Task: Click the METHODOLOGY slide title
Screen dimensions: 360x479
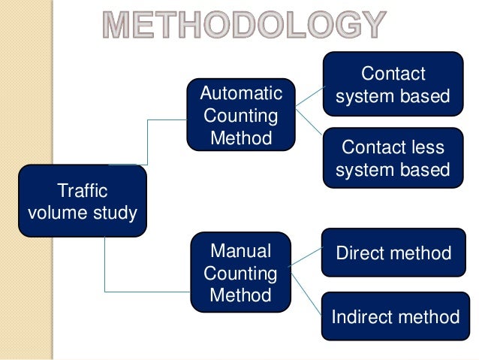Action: click(x=243, y=26)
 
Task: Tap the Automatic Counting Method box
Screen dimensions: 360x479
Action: click(x=241, y=116)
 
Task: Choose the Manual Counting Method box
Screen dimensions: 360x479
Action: click(x=240, y=272)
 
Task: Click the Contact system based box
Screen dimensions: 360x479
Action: click(x=393, y=85)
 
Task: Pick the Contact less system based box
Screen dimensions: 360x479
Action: click(x=393, y=159)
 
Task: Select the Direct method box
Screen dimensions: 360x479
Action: click(x=393, y=253)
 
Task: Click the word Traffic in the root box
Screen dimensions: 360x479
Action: click(x=83, y=192)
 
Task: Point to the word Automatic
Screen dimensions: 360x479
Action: click(x=241, y=94)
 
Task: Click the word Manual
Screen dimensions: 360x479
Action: click(x=240, y=251)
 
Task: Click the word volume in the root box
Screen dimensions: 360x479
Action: click(x=60, y=213)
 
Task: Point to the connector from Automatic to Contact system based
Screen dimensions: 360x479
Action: click(x=309, y=94)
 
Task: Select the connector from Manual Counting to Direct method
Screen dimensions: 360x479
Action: click(x=306, y=258)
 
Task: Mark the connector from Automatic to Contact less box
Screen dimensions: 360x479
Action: click(x=309, y=123)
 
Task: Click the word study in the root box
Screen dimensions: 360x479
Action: click(x=116, y=213)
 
